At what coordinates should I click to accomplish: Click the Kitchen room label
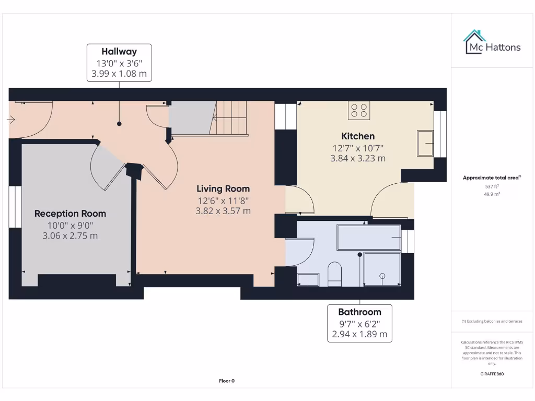coord(358,136)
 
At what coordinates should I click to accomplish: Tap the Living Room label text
coord(223,188)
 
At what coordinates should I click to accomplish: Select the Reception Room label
coord(71,214)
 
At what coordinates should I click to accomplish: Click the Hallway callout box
coord(119,63)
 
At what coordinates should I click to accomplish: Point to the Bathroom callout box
coord(359,323)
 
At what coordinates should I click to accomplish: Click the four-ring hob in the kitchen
coord(359,111)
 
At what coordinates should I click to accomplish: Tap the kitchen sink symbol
coord(425,143)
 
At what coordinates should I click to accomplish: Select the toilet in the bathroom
coord(335,274)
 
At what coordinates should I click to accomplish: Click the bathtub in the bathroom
coord(369,238)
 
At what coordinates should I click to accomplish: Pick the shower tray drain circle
coord(382,276)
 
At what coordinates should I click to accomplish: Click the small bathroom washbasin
coord(308,280)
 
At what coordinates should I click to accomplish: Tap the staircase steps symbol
coord(229,119)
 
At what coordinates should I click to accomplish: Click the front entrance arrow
coord(11,120)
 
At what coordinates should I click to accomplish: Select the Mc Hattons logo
coord(492,43)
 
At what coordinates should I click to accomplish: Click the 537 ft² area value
coord(492,186)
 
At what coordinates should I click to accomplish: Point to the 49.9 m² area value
coord(492,194)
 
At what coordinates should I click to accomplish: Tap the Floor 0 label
coord(227,381)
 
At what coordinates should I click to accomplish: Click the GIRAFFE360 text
coord(492,374)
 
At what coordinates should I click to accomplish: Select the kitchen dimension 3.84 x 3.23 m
coord(358,158)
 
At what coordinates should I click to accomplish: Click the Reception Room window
coord(15,207)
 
